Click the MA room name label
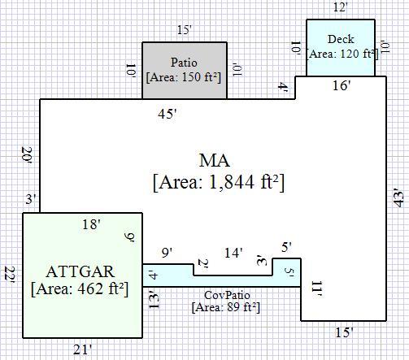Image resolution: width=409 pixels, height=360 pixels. click(x=215, y=161)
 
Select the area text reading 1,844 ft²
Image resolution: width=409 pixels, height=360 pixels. click(x=243, y=182)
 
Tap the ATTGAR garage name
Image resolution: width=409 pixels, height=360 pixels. click(x=80, y=271)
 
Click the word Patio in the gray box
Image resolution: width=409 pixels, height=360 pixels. click(x=184, y=63)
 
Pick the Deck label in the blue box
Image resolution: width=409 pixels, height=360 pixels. click(x=341, y=39)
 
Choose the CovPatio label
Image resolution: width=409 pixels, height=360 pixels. click(x=227, y=295)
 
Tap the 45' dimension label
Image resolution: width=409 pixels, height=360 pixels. click(x=168, y=114)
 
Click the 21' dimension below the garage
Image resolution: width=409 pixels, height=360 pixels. click(x=83, y=349)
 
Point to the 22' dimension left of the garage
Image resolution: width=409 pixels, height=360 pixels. click(x=10, y=275)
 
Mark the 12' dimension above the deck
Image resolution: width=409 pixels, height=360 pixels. click(x=340, y=7)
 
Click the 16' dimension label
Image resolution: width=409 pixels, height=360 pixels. click(x=342, y=85)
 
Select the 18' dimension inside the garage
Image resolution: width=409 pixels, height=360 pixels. click(x=92, y=224)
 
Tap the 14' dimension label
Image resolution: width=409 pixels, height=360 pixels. click(x=233, y=254)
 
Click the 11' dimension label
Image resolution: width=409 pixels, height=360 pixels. click(x=316, y=289)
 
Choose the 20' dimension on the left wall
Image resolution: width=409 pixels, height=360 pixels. click(x=27, y=155)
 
